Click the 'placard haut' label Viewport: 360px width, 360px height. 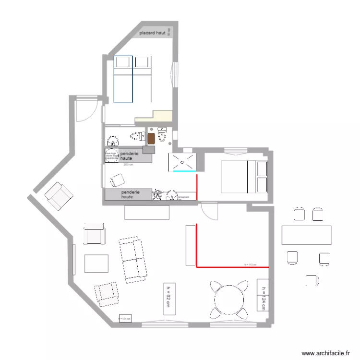click(152, 33)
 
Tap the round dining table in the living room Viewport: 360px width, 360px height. click(229, 301)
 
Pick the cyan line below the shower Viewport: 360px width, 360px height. click(184, 171)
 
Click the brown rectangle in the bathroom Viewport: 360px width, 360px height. click(152, 138)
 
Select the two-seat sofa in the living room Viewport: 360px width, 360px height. click(133, 258)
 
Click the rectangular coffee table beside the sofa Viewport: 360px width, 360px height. click(96, 264)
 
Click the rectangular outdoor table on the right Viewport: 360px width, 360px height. click(306, 235)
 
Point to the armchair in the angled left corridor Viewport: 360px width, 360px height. click(58, 196)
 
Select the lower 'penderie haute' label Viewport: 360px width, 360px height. click(130, 194)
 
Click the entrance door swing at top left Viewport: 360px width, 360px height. click(85, 110)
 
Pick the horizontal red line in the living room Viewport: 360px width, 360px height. click(232, 266)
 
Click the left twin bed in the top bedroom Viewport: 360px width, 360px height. click(123, 79)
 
